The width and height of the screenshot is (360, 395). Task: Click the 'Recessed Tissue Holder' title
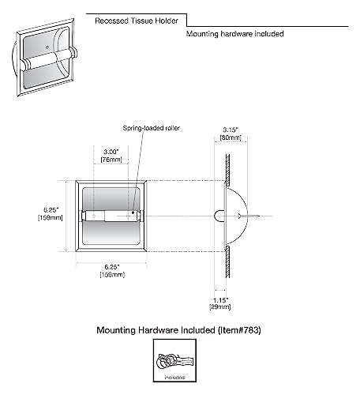click(137, 21)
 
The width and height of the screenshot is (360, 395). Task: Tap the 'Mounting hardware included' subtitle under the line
click(234, 34)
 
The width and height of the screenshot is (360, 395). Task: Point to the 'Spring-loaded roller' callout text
click(152, 128)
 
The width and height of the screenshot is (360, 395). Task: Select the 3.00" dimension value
click(111, 152)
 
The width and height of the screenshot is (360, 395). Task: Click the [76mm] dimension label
click(111, 160)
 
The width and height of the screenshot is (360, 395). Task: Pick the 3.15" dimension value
click(231, 130)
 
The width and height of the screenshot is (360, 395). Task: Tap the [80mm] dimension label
click(231, 137)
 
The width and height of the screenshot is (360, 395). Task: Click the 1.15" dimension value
click(220, 300)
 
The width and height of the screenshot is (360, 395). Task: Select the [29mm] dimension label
click(220, 307)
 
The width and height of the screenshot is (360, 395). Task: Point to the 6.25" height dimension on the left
click(51, 210)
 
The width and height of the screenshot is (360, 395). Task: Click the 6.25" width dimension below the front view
click(112, 267)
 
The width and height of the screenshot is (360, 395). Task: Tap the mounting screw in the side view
click(249, 216)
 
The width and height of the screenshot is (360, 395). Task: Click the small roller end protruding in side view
click(219, 216)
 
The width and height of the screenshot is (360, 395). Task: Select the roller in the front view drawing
click(111, 216)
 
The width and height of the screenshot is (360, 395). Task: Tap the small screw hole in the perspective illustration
click(47, 47)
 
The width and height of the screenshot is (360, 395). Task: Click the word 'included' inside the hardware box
click(174, 378)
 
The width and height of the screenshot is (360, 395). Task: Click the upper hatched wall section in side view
click(227, 169)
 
